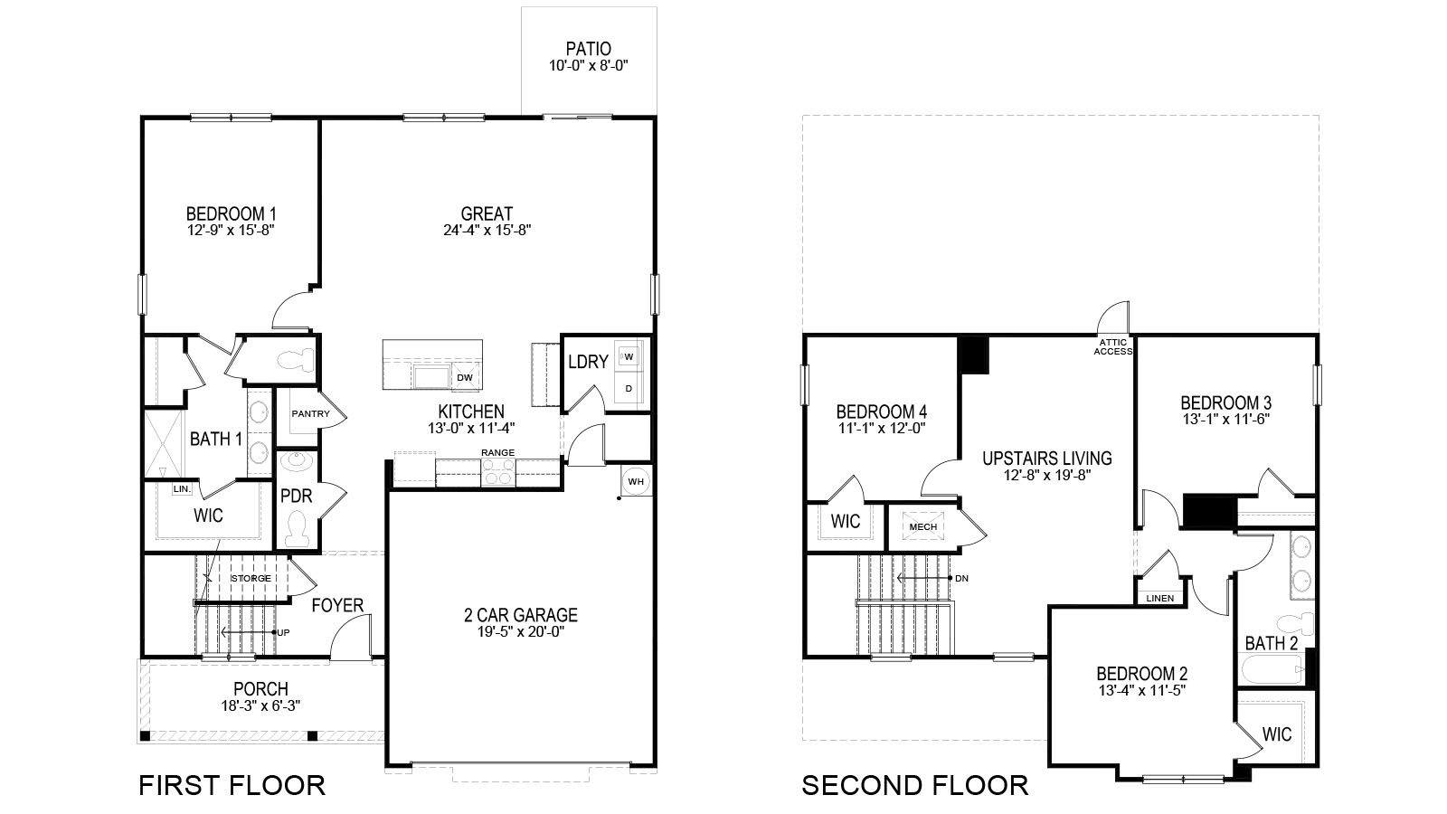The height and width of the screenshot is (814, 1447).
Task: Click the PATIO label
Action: click(588, 49)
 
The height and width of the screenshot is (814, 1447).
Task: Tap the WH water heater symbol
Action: click(636, 481)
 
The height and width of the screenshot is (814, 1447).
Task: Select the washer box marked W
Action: click(628, 356)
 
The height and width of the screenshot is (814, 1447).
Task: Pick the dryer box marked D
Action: click(628, 389)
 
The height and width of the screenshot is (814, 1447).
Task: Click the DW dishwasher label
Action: click(464, 378)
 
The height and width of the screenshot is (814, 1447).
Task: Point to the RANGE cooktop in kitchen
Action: click(497, 472)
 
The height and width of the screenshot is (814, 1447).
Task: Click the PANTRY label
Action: click(309, 414)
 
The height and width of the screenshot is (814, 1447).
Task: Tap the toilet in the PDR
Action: click(297, 527)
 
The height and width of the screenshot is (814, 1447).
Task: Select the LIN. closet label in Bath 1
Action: click(181, 488)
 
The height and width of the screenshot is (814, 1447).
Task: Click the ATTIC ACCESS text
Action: click(1112, 347)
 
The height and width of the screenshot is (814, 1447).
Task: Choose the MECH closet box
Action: click(922, 527)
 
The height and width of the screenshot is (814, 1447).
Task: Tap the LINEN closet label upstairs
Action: click(1159, 598)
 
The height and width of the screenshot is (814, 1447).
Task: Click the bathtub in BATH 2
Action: click(1271, 670)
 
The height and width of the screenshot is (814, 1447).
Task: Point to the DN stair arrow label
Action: click(961, 578)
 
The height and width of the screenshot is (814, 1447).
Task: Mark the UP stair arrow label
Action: click(283, 632)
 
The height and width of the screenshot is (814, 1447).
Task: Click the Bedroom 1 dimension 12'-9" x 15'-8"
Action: click(230, 230)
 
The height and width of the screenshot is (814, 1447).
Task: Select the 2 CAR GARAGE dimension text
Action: click(520, 633)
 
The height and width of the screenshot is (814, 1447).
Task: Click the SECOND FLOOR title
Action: click(914, 785)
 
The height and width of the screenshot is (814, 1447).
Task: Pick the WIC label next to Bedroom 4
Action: click(845, 522)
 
